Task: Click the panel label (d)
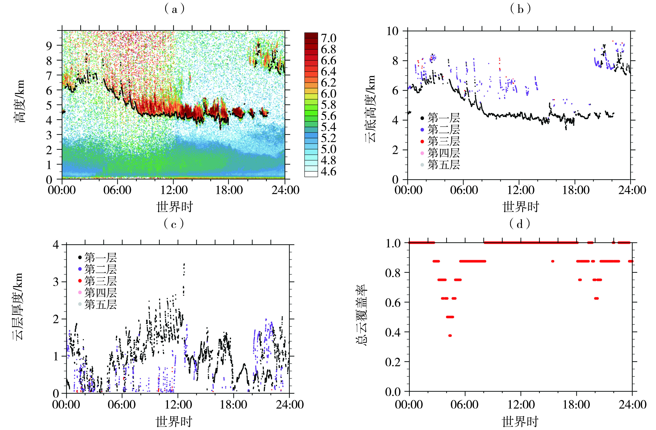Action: click(x=520, y=224)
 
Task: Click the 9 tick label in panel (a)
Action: click(x=49, y=46)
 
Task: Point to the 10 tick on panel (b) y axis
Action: click(x=393, y=31)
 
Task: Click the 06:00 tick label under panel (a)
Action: click(x=117, y=190)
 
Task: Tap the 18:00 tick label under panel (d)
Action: click(x=576, y=405)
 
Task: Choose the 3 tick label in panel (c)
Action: click(x=56, y=282)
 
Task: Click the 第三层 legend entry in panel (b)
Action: click(x=443, y=141)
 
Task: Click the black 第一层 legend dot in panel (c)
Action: click(x=80, y=258)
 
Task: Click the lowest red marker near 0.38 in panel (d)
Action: click(x=450, y=335)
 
